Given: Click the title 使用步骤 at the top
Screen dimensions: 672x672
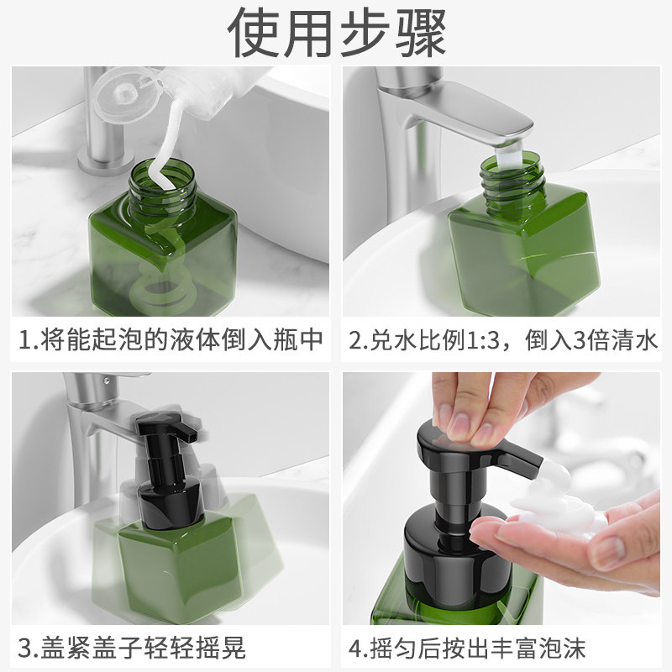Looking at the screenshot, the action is [x=337, y=32].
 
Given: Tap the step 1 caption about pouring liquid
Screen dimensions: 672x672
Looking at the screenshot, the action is [x=171, y=340].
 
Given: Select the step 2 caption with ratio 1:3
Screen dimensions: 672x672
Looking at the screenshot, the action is [x=502, y=340].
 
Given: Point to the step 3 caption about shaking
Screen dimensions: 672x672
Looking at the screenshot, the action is [x=132, y=648].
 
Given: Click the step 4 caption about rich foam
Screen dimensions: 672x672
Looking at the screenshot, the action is [x=467, y=648].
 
